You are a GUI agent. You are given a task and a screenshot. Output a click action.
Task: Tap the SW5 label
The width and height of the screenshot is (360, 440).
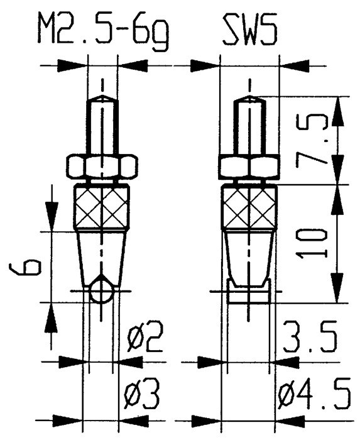click(x=249, y=28)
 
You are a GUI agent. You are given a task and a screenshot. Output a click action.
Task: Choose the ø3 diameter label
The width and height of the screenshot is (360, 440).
click(x=145, y=398)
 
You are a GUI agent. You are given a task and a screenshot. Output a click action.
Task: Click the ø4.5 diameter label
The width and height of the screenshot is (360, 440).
click(x=313, y=398)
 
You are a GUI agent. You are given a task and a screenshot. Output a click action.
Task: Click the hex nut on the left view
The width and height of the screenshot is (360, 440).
click(x=101, y=167)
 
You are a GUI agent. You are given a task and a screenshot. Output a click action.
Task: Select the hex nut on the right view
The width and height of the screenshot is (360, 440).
click(x=249, y=167)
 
